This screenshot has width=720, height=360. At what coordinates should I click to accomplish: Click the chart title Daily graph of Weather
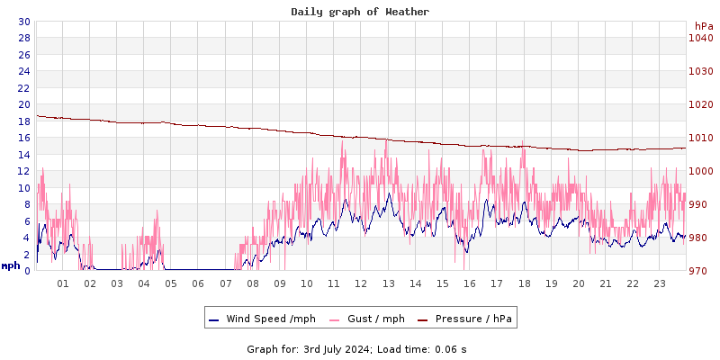point(360,12)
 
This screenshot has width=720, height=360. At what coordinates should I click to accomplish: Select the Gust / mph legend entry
point(368,319)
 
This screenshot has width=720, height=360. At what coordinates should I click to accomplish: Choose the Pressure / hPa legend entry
point(472,319)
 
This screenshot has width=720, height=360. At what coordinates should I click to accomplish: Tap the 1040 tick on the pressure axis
point(700,38)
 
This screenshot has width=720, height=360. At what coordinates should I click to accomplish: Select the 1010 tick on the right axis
point(700,138)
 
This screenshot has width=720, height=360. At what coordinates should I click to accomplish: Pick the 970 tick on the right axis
point(700,271)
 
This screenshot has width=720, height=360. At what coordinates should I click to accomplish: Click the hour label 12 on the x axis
point(361,283)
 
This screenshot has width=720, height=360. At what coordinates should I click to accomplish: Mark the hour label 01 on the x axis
point(63,283)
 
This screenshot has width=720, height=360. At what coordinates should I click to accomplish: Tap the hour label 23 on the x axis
point(660,283)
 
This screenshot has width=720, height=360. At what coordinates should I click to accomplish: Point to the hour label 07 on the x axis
point(226,283)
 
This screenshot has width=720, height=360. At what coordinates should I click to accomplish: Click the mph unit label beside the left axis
point(11,265)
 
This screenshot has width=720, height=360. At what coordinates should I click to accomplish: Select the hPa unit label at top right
point(703,26)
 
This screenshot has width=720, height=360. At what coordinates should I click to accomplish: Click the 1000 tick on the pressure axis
point(700,171)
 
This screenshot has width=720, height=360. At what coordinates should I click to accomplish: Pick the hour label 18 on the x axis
point(524,283)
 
